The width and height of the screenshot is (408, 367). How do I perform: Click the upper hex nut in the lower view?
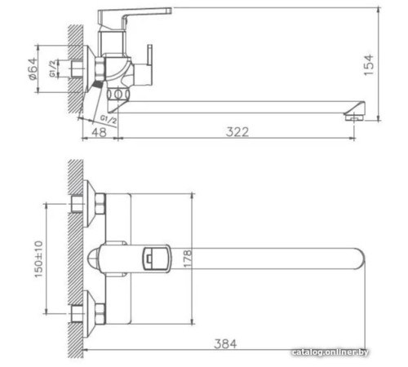tap(80, 202)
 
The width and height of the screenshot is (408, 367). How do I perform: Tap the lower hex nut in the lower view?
tap(80, 312)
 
